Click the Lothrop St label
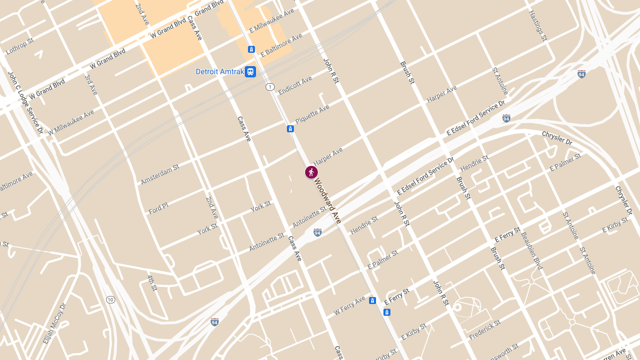tap(20, 46)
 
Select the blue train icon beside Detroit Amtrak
tap(250, 71)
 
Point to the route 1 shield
tap(270, 86)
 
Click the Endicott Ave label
tap(295, 85)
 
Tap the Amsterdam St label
tap(160, 174)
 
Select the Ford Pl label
tap(158, 208)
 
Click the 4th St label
tap(153, 283)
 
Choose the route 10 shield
tap(110, 299)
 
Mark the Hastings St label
tap(538, 26)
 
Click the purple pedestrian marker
tap(311, 172)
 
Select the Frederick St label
tap(485, 330)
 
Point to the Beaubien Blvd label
tap(532, 251)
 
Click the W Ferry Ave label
tap(349, 305)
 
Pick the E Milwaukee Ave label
tap(271, 21)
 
